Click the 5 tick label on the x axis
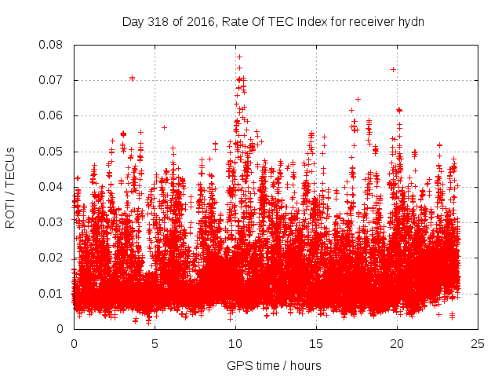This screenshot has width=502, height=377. [155, 343]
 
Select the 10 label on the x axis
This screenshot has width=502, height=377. [235, 343]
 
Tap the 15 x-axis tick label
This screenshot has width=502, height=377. [316, 343]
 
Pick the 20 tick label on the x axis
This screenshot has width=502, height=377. [397, 343]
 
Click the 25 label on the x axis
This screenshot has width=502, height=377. [478, 343]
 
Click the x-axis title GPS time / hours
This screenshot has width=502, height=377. [274, 365]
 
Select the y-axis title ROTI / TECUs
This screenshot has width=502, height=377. [11, 187]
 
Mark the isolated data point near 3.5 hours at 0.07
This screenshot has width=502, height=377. [132, 78]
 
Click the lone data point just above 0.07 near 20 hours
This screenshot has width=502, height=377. [393, 69]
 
